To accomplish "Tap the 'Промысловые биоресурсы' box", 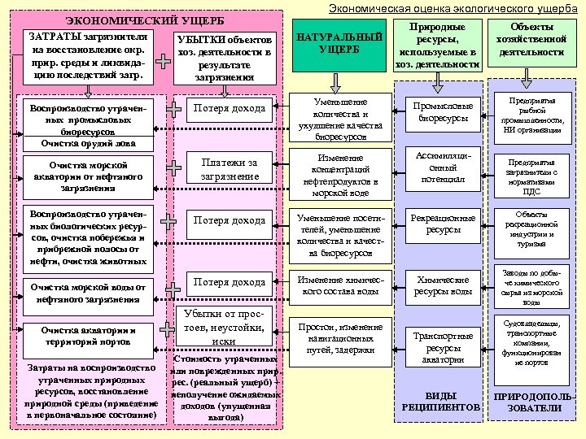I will click(444, 112).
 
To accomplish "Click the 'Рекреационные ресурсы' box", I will click(444, 224).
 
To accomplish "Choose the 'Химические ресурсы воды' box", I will click(444, 285).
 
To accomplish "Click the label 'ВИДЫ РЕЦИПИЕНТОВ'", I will click(442, 400).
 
